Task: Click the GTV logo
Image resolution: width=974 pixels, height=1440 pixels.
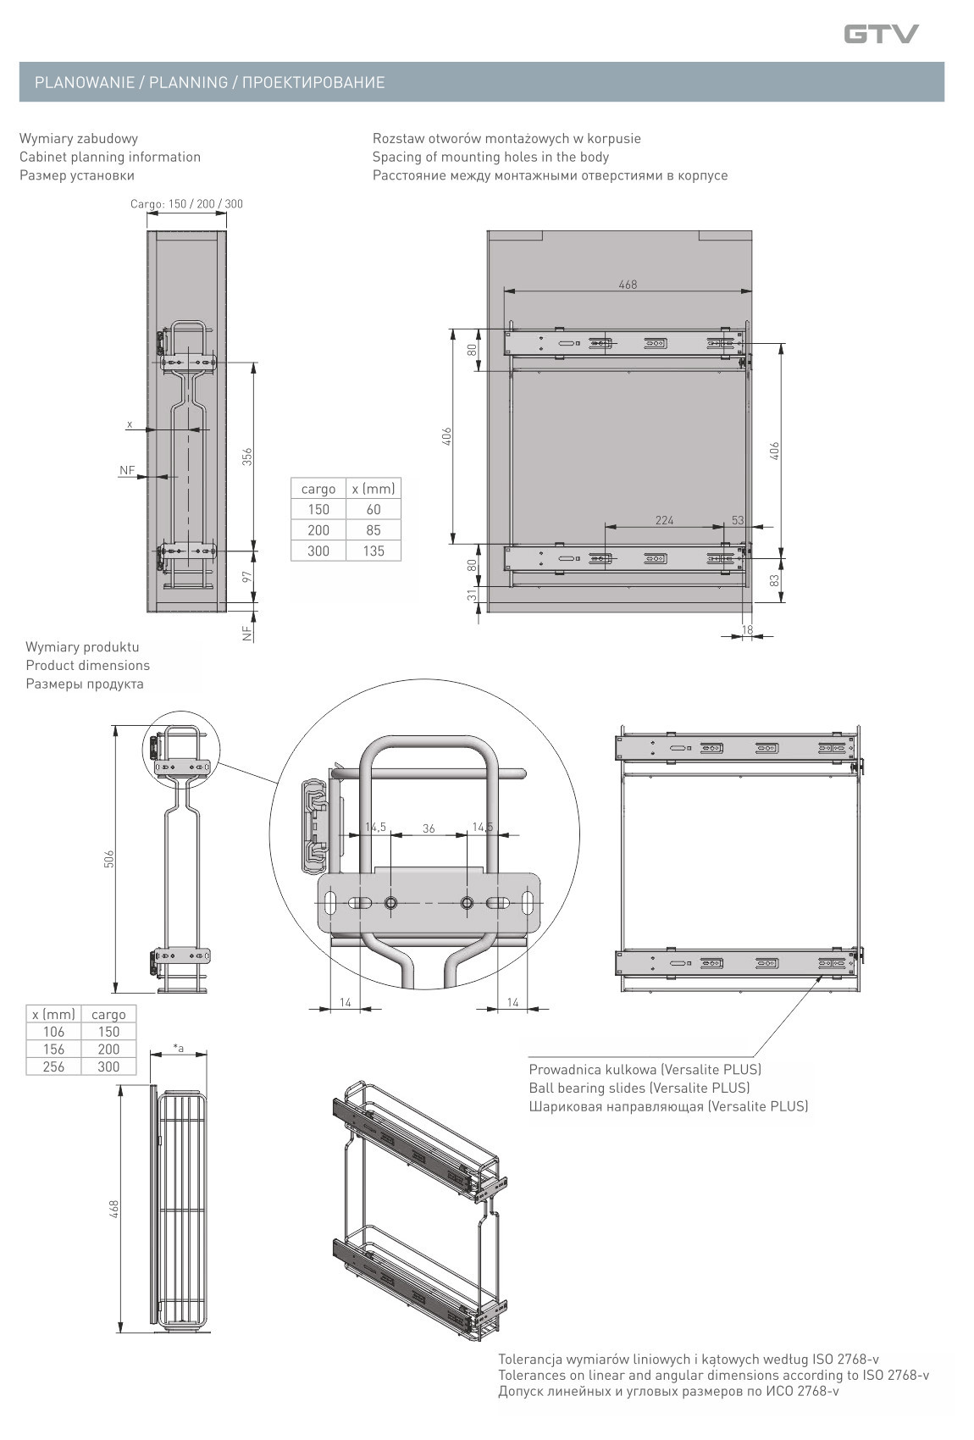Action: (x=881, y=33)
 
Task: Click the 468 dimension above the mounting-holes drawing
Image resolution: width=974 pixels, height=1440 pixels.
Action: (x=628, y=284)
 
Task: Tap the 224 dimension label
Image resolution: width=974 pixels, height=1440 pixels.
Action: (x=664, y=520)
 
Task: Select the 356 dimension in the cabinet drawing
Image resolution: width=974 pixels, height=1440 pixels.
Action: (x=246, y=457)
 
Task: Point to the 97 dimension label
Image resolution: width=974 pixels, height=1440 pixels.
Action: (x=246, y=577)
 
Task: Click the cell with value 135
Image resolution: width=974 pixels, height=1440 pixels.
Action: (x=374, y=551)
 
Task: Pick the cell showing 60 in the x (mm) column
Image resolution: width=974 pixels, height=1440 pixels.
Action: (x=374, y=509)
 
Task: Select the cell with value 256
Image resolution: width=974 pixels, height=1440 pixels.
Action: (x=53, y=1066)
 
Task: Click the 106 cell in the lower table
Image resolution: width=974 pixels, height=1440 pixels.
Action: (x=53, y=1032)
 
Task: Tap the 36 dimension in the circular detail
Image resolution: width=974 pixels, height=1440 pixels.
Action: (x=429, y=828)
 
